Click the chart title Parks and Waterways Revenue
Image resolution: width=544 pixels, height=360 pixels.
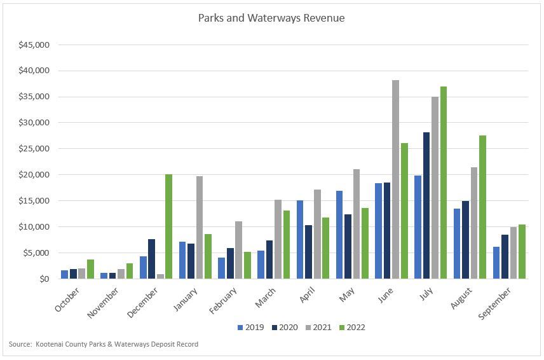[271, 18]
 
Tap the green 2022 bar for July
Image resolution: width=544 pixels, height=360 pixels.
[444, 183]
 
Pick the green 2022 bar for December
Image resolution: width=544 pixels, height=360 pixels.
[168, 226]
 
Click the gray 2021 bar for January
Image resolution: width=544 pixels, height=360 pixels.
[199, 227]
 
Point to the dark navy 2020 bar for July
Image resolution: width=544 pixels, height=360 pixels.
[426, 205]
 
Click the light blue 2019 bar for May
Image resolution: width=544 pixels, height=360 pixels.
[339, 235]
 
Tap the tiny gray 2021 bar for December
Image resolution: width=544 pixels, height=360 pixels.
[160, 276]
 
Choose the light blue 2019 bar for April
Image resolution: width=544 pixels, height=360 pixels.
[300, 239]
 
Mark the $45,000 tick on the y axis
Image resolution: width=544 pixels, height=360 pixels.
[34, 45]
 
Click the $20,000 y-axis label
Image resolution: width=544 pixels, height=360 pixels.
[34, 175]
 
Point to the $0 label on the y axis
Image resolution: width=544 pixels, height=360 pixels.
[43, 279]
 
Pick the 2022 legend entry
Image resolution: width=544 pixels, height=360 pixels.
[352, 328]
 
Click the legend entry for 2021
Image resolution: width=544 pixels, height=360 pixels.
[318, 328]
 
